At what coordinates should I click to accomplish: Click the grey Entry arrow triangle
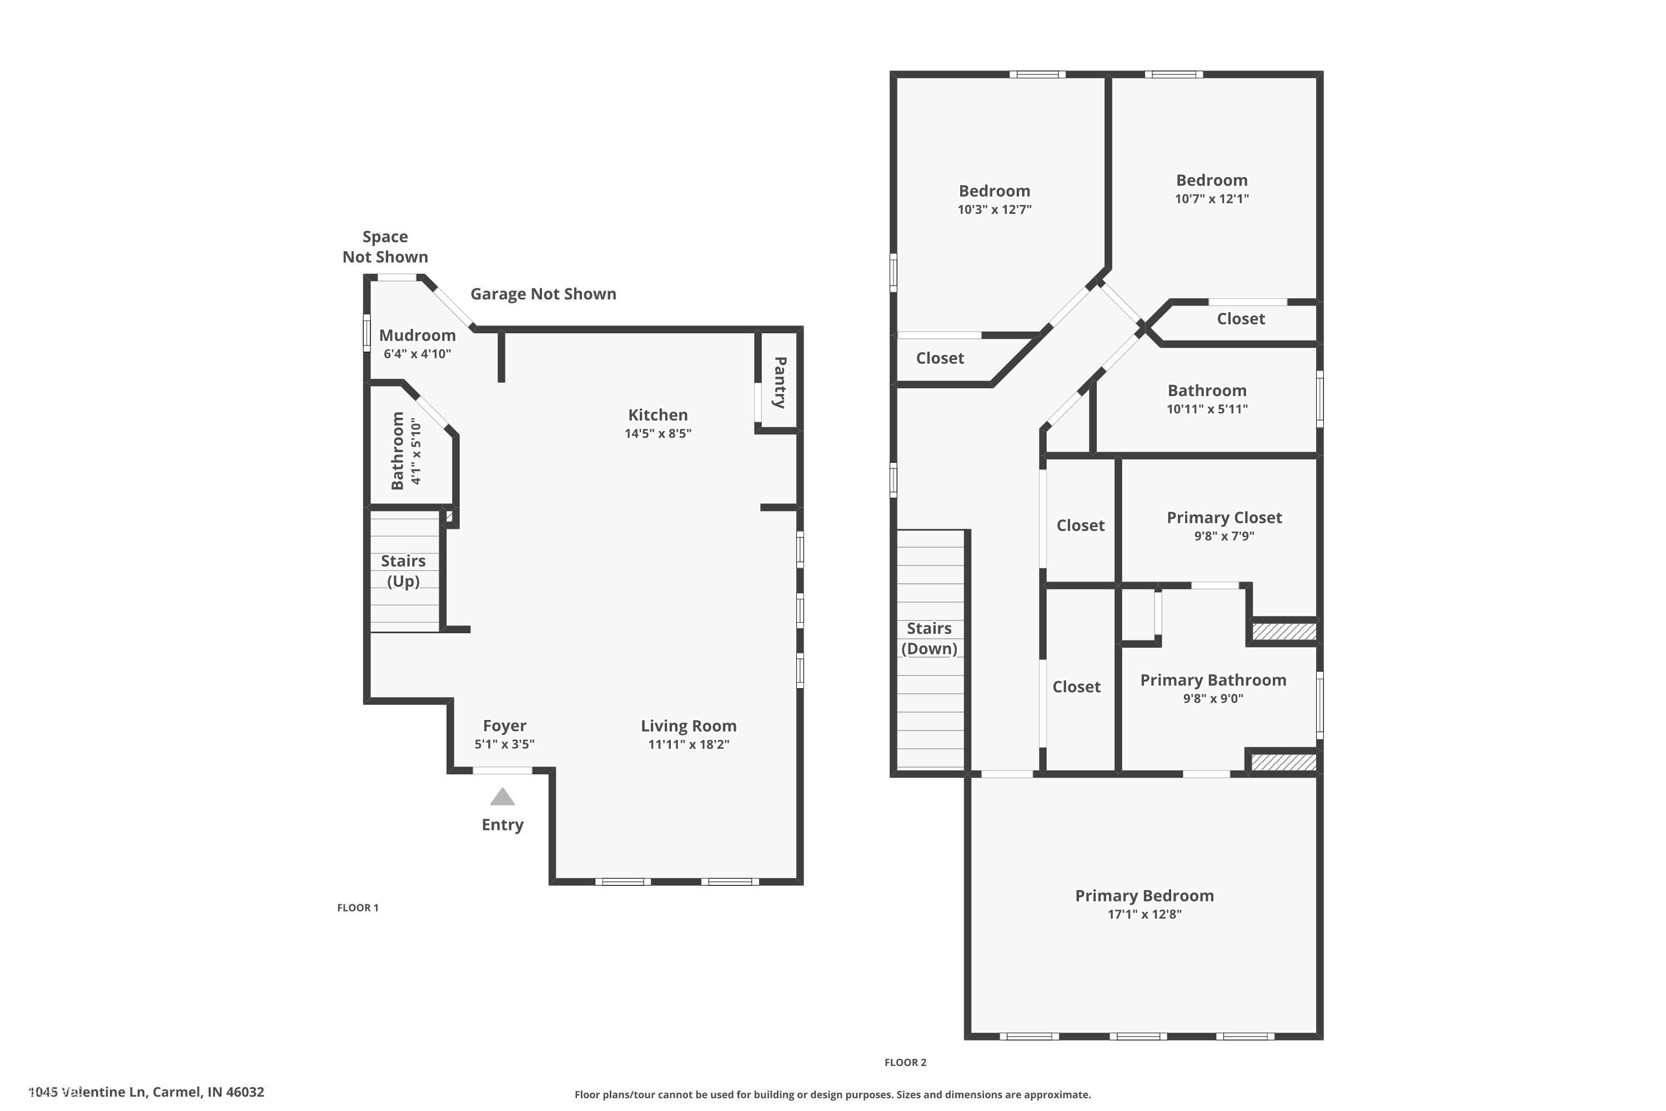point(502,797)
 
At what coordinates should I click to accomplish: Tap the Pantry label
point(779,382)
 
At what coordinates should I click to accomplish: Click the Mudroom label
point(417,335)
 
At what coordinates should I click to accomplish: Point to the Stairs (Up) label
point(403,570)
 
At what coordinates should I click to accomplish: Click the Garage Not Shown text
point(543,293)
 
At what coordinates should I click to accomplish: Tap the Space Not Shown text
point(385,247)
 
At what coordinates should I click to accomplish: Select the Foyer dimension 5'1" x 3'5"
point(504,744)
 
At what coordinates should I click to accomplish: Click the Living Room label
point(688,725)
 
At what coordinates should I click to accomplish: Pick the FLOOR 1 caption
point(358,908)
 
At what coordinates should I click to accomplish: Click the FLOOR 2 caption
point(905,1062)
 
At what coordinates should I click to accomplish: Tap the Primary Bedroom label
point(1144,895)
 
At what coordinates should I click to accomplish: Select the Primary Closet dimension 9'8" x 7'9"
point(1223,537)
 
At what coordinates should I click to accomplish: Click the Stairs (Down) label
point(929,638)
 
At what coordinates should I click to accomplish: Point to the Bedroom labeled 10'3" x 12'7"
point(994,191)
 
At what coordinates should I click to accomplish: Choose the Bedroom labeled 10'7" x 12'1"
point(1211,181)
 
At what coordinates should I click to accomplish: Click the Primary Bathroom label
point(1213,680)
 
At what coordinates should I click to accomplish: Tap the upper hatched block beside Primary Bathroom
point(1283,631)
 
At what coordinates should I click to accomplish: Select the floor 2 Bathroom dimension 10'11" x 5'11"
point(1206,409)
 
